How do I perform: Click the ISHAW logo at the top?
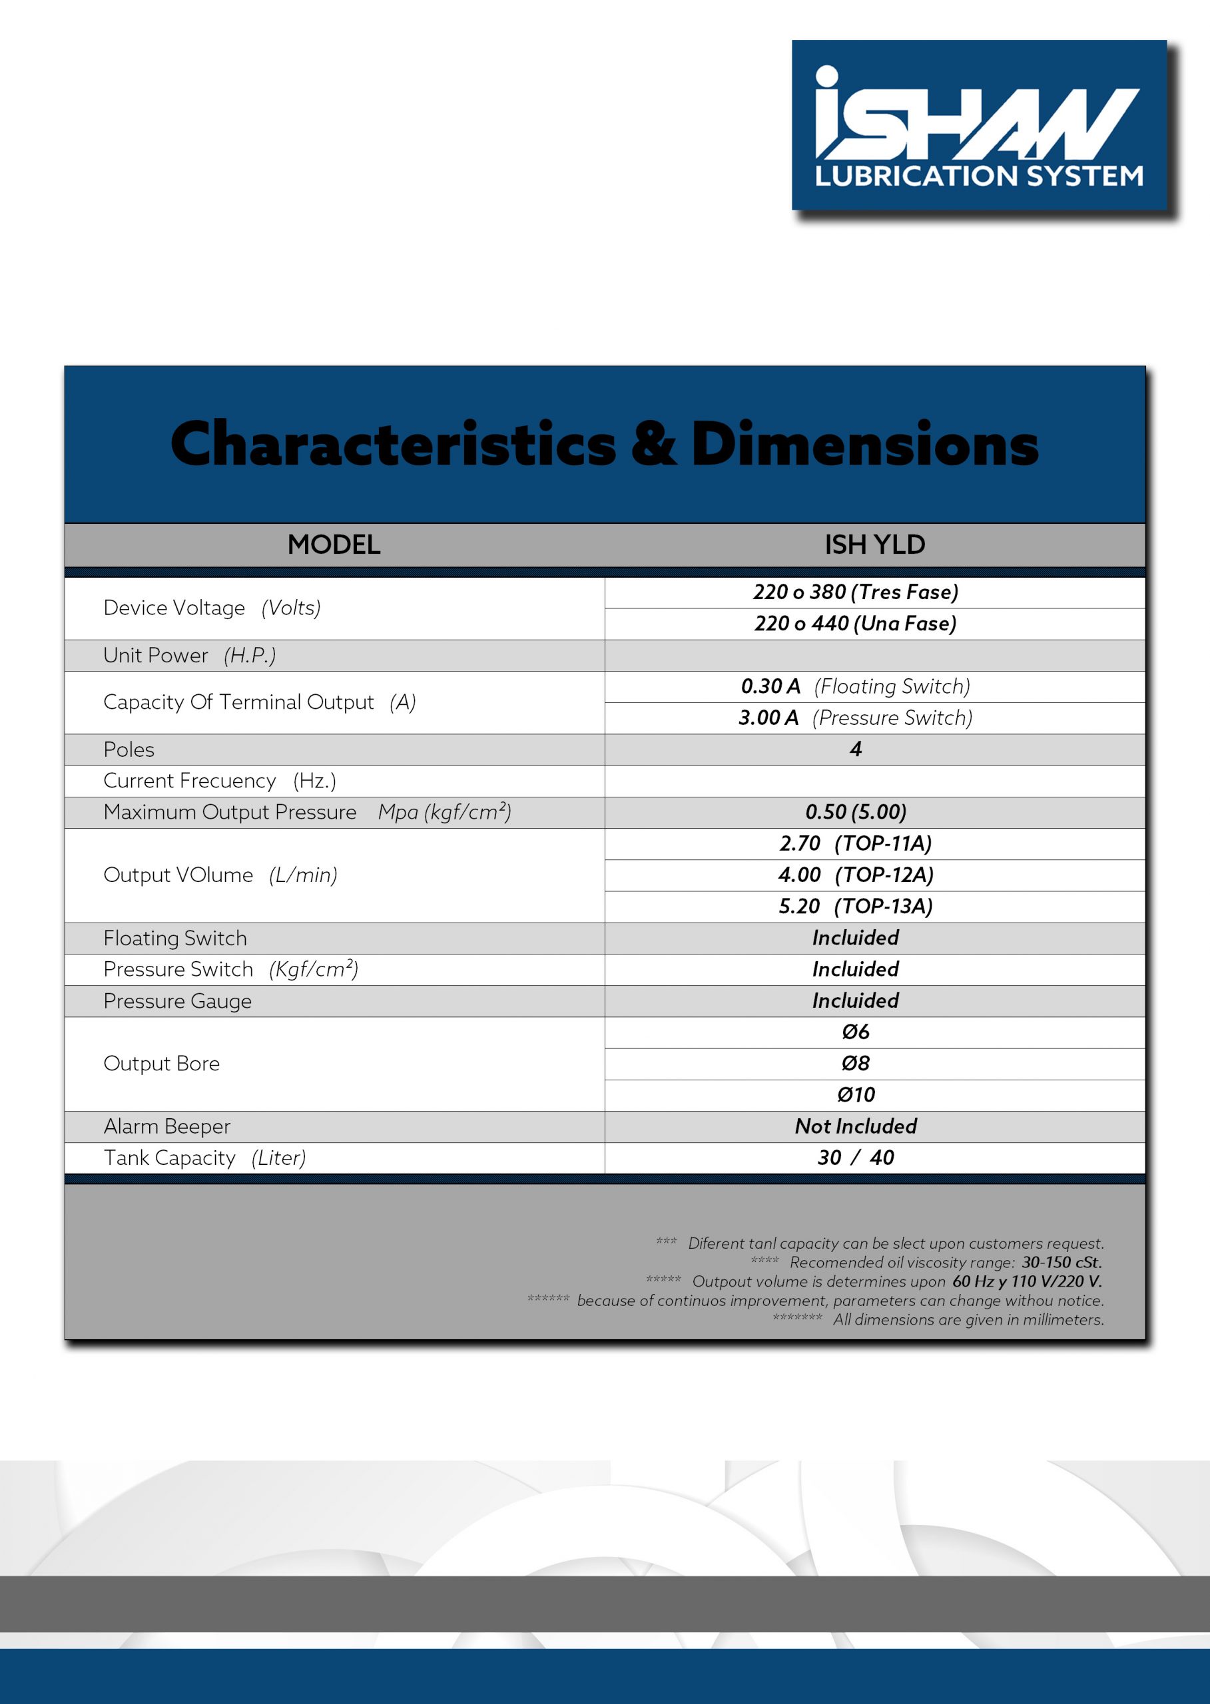978,125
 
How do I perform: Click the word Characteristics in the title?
394,444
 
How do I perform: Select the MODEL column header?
334,544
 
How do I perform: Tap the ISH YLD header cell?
875,544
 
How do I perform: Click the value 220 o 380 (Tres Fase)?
855,592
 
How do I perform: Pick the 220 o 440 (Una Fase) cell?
855,624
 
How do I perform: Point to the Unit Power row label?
189,656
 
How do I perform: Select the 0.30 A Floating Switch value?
855,686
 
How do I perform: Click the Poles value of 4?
855,749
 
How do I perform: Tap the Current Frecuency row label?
220,781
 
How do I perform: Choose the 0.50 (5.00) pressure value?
855,812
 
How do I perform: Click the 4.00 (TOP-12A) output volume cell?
855,875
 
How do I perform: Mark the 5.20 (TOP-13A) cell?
855,906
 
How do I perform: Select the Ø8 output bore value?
855,1064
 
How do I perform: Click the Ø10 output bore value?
855,1095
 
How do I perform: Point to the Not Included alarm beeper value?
855,1126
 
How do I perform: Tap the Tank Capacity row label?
205,1158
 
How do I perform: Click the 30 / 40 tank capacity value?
855,1158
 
